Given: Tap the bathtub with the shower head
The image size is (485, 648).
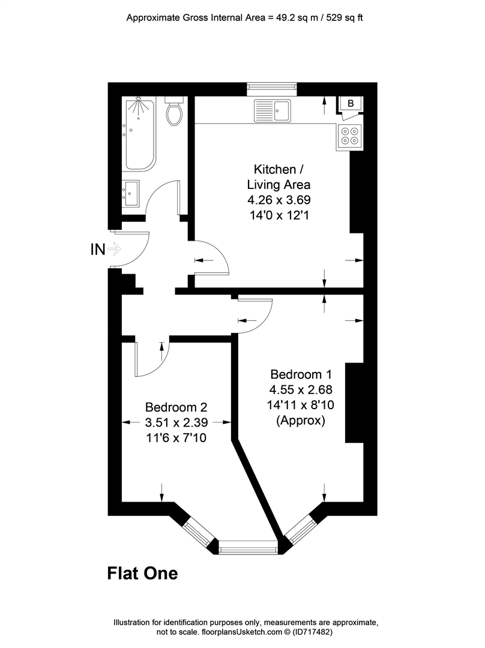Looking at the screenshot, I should tap(139, 134).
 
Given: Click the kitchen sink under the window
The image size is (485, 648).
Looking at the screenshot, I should tap(273, 110).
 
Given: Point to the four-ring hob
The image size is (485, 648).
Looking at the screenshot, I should tap(351, 136).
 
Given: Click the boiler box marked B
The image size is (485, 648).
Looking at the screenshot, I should tap(351, 104).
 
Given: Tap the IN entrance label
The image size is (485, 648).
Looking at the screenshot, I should tap(97, 249).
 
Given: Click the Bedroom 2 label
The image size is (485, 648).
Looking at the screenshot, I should tap(176, 408).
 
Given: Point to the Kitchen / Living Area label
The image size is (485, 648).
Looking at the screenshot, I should tap(276, 176).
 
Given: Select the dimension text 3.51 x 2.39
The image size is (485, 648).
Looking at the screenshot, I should tap(176, 423).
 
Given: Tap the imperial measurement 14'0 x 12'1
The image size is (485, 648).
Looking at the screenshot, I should tap(276, 214).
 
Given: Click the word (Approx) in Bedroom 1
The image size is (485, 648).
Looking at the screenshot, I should tap(300, 421).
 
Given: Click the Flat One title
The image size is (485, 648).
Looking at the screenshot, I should tap(142, 574).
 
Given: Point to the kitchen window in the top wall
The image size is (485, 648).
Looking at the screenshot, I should tap(272, 88).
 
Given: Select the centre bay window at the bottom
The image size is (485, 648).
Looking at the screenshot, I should tap(248, 547).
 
